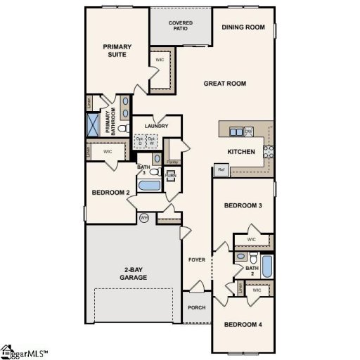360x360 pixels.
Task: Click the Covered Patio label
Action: (x=181, y=26)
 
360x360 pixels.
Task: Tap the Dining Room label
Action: (x=243, y=27)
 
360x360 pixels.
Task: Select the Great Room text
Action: (x=224, y=84)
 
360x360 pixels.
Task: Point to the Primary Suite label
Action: (x=117, y=51)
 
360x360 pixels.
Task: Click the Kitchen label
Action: (x=240, y=151)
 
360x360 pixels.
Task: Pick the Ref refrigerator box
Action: (x=221, y=170)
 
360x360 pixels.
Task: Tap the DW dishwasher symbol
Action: (x=248, y=131)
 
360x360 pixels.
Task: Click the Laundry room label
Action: (x=156, y=127)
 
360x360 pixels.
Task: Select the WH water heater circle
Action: (x=144, y=217)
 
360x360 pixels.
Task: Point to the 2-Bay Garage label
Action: (x=134, y=273)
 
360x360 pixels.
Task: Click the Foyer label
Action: (x=197, y=260)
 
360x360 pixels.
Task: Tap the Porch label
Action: (x=196, y=307)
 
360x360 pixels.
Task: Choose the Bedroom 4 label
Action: (x=243, y=324)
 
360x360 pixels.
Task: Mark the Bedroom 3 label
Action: (x=243, y=205)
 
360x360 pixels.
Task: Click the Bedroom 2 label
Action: (x=111, y=192)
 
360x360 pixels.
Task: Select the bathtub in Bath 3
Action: (x=149, y=187)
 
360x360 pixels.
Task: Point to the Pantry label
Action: (x=173, y=162)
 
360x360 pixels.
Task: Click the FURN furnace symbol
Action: (x=171, y=174)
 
